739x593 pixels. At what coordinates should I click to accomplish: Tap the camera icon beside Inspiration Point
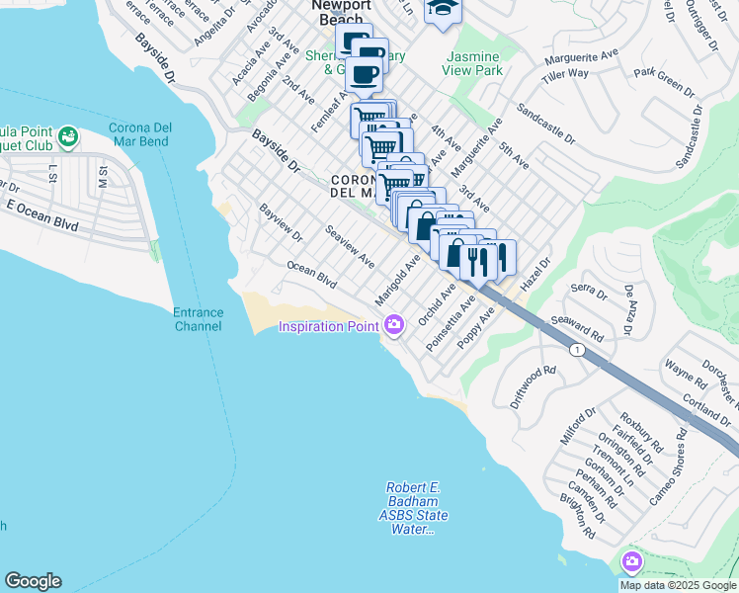pos(394,324)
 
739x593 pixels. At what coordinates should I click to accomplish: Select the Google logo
pos(33,581)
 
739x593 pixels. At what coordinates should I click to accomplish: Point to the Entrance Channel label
pos(199,318)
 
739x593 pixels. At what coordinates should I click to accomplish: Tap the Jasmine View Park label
pos(474,63)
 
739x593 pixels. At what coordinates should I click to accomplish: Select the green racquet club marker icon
pos(68,135)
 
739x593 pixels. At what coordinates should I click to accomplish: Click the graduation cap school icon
pos(441,11)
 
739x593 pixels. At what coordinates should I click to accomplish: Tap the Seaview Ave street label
pos(350,246)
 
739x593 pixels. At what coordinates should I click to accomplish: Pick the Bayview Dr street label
pos(281,223)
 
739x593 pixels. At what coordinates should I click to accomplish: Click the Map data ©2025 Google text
pos(678,585)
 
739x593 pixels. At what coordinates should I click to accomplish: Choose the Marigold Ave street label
pos(397,280)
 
